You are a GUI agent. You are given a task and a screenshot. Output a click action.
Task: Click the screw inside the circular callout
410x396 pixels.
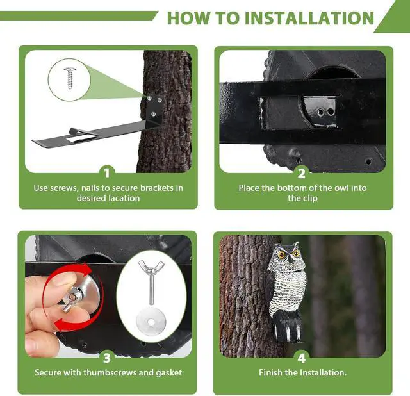point(70,78)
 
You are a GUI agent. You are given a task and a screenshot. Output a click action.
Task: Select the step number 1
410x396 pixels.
point(107,174)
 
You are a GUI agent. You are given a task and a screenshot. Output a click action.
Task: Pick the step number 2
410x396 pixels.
point(302,174)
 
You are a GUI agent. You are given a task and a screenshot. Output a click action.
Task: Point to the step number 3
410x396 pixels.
point(107,358)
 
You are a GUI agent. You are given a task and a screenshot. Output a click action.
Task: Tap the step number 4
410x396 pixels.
point(302,358)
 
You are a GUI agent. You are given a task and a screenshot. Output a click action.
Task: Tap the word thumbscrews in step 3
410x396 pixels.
point(110,372)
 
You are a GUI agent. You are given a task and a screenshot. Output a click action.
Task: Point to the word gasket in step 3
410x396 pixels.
point(169,372)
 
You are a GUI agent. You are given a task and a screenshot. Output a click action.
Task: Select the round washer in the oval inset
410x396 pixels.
point(151,322)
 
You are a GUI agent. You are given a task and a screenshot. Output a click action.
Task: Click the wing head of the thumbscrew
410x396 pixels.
point(151,267)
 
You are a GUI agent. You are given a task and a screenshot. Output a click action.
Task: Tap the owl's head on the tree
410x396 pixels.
point(287,258)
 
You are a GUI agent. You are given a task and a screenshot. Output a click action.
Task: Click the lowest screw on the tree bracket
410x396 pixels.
point(154,114)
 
